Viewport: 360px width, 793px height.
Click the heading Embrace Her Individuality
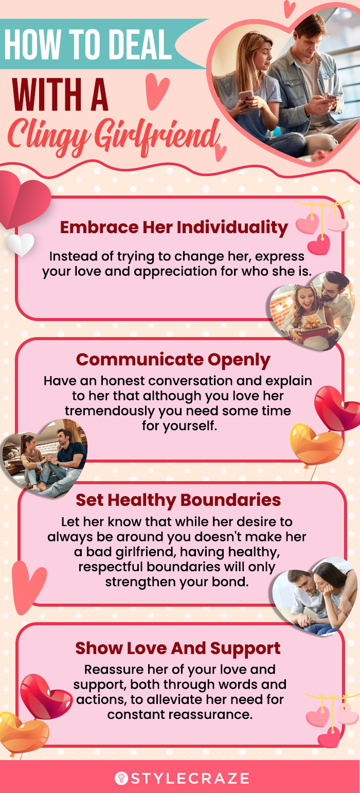[174, 227]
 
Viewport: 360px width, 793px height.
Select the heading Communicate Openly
[173, 360]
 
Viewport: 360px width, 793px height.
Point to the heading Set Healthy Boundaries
[178, 500]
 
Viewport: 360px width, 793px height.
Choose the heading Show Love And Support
[178, 648]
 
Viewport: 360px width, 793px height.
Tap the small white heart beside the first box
[21, 244]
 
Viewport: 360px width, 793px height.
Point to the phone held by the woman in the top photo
[246, 96]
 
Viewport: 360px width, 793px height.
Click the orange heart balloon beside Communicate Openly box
[316, 444]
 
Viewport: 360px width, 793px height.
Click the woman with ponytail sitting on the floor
[33, 460]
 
